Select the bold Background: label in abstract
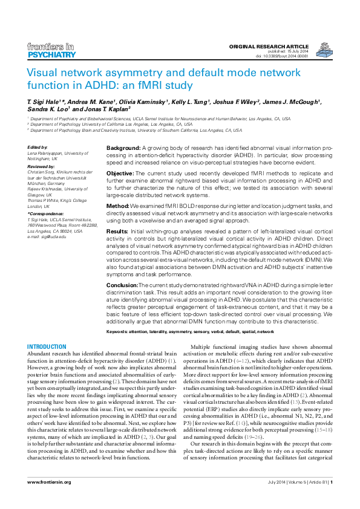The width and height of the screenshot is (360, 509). pyautogui.click(x=124, y=148)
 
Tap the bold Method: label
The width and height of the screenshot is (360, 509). pyautogui.click(x=119, y=206)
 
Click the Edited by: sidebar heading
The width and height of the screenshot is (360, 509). pyautogui.click(x=39, y=148)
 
